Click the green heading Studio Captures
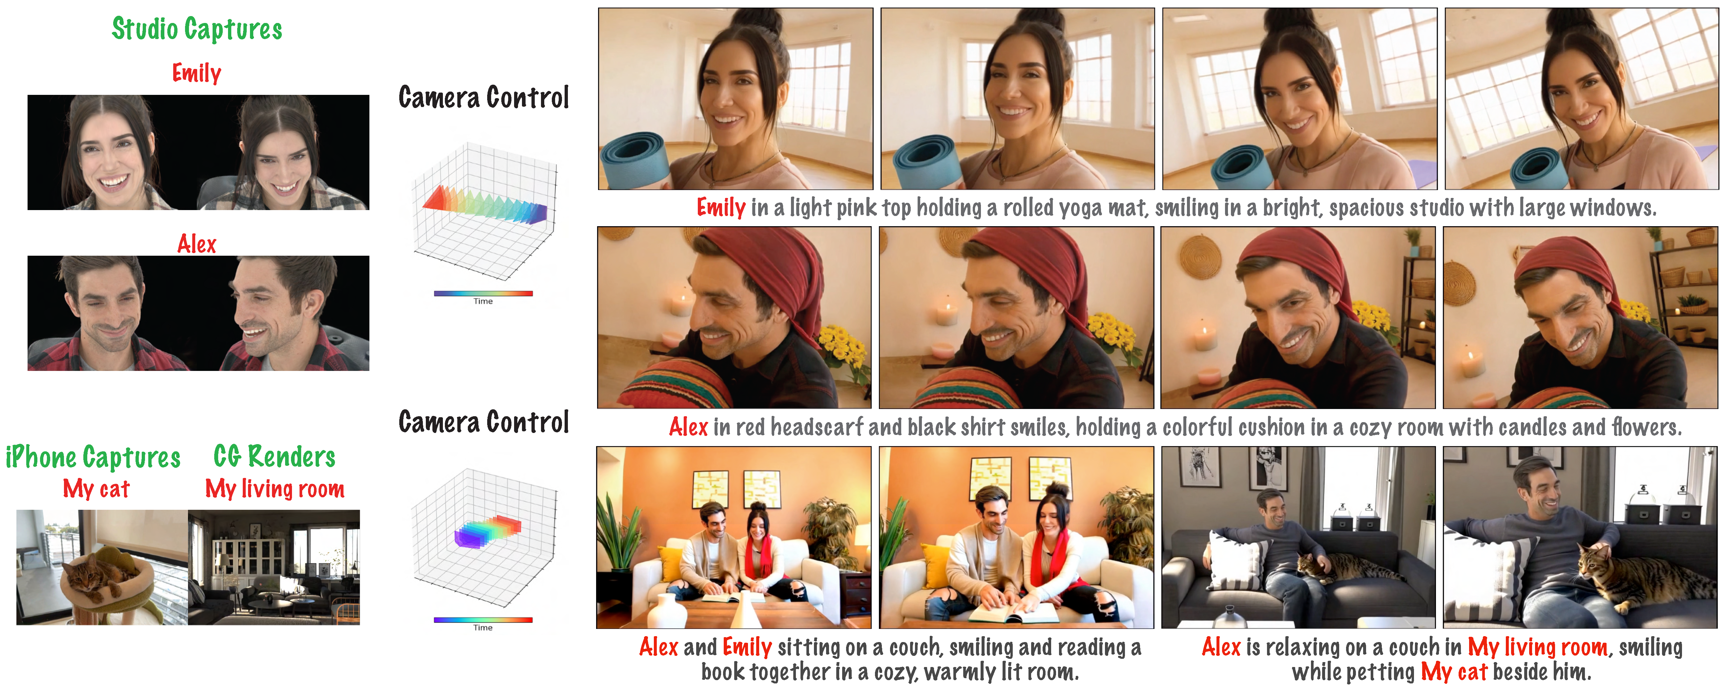point(197,29)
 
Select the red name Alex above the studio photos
point(197,244)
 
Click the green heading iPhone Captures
point(93,457)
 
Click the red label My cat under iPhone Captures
point(96,489)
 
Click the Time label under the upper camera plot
point(483,301)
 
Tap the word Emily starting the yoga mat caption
point(721,207)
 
